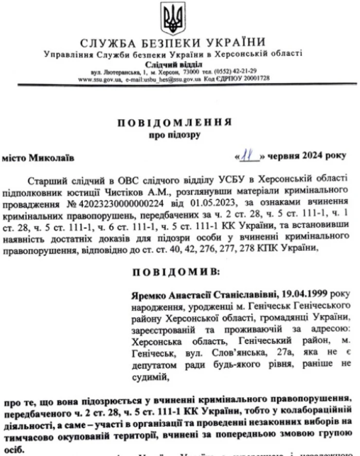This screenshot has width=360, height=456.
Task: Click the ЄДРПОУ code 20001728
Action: (256, 79)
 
